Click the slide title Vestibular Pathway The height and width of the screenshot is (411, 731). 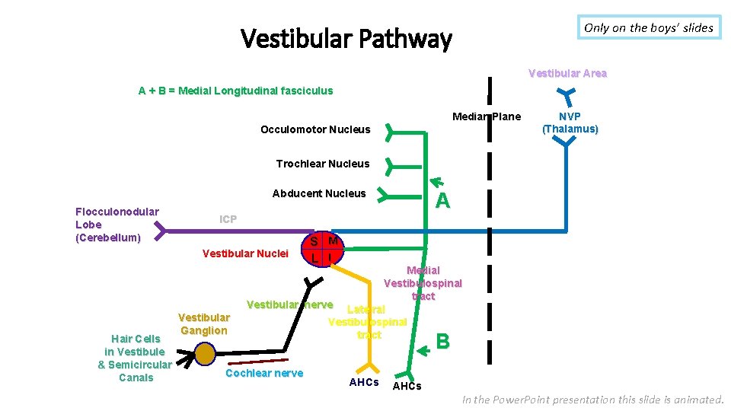346,38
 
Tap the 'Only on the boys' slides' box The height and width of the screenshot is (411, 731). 649,27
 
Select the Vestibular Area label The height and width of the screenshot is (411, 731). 567,73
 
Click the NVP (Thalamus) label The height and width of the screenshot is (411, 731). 570,123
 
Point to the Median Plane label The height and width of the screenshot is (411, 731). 487,116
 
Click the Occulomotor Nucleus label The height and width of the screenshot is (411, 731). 315,129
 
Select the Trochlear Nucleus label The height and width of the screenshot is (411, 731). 322,164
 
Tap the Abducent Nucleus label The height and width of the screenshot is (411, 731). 319,193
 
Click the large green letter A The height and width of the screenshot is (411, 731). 442,200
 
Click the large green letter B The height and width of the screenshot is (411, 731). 442,342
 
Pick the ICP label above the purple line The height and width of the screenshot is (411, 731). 228,219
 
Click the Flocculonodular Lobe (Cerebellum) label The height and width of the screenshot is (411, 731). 117,225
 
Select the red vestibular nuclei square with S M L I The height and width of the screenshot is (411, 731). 323,249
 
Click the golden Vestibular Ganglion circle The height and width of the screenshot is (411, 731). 205,354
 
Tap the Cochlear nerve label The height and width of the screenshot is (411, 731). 264,373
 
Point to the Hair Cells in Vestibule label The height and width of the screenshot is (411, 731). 136,358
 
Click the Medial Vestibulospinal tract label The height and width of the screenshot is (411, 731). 423,283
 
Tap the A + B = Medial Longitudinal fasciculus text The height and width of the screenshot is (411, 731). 235,91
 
